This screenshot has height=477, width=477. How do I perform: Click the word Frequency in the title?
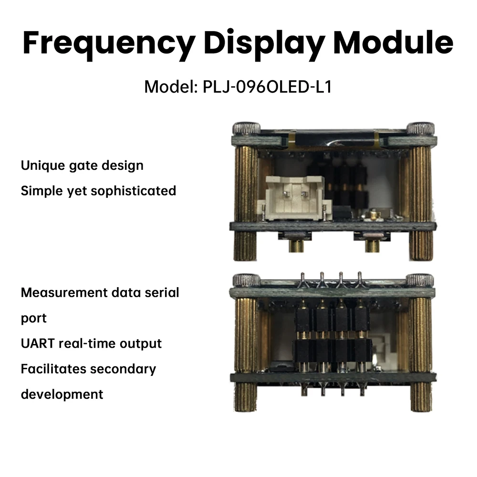click(x=109, y=44)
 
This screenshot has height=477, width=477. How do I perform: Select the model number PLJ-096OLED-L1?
click(x=267, y=87)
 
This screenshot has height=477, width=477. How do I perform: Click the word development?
click(x=62, y=394)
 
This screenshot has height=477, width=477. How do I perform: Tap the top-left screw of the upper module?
click(x=247, y=128)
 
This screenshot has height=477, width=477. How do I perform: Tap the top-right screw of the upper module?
click(x=420, y=128)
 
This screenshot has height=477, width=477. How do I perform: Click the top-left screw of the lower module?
click(x=247, y=280)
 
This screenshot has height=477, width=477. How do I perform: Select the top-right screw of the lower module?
click(x=420, y=280)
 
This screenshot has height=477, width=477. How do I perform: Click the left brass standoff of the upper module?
click(x=246, y=203)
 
